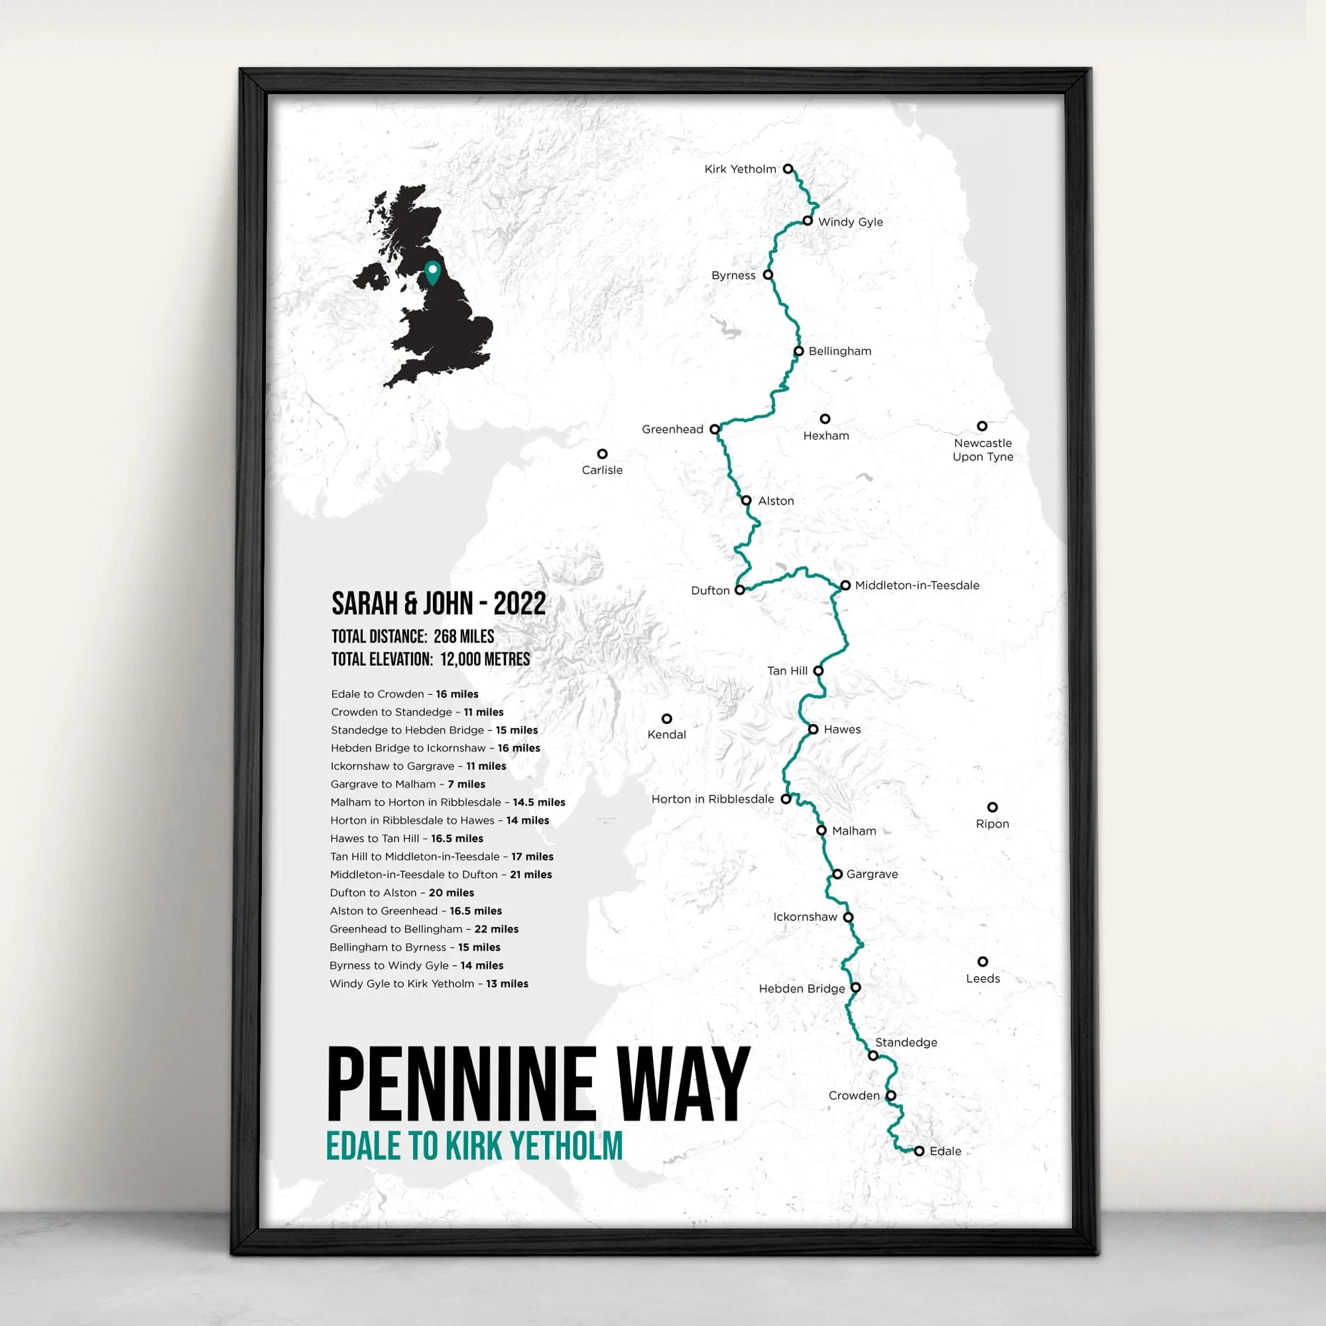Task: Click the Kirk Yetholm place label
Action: pos(740,169)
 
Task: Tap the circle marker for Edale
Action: pos(919,1151)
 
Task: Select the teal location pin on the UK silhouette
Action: pos(432,272)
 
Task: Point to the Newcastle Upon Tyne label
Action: pos(983,450)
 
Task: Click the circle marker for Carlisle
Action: pos(602,453)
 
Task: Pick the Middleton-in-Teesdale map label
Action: pos(917,585)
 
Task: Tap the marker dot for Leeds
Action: pos(983,961)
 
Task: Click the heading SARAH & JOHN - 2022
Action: pos(438,604)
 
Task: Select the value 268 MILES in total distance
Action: pos(464,636)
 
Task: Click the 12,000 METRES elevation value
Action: pos(485,660)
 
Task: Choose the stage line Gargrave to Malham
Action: pos(408,784)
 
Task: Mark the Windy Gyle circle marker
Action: pos(808,221)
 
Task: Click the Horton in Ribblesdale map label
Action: pos(713,799)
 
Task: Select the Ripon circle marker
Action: pos(993,807)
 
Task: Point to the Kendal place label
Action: pos(666,735)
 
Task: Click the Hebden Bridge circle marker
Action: pos(856,988)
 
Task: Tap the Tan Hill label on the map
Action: pos(787,670)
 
